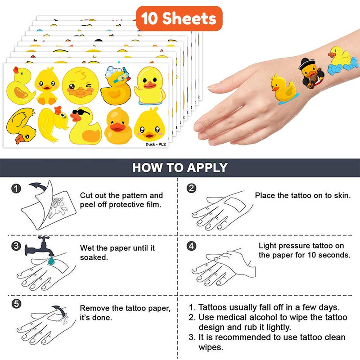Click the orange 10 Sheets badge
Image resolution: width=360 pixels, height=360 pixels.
tap(179, 18)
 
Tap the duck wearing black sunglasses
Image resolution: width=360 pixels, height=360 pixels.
tap(85, 126)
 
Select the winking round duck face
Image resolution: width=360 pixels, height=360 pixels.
tap(81, 85)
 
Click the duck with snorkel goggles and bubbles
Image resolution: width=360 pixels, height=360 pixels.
tap(116, 85)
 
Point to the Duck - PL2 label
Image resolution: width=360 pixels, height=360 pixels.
tap(155, 144)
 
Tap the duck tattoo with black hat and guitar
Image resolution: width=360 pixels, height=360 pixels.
tap(311, 73)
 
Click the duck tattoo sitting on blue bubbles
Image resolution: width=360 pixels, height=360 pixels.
tap(342, 60)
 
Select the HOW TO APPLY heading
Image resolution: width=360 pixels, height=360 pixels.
tap(180, 167)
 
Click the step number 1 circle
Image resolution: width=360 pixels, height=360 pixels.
tap(16, 189)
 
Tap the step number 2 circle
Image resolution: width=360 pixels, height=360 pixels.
tap(192, 188)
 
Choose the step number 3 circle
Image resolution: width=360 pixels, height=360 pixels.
tap(16, 246)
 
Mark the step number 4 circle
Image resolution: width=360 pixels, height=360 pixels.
tap(192, 246)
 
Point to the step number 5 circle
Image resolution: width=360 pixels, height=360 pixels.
tap(16, 304)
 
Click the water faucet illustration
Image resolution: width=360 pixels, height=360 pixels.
tap(40, 247)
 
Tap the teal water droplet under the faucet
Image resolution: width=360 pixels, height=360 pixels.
tap(51, 261)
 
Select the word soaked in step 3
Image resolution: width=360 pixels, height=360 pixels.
tap(94, 257)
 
